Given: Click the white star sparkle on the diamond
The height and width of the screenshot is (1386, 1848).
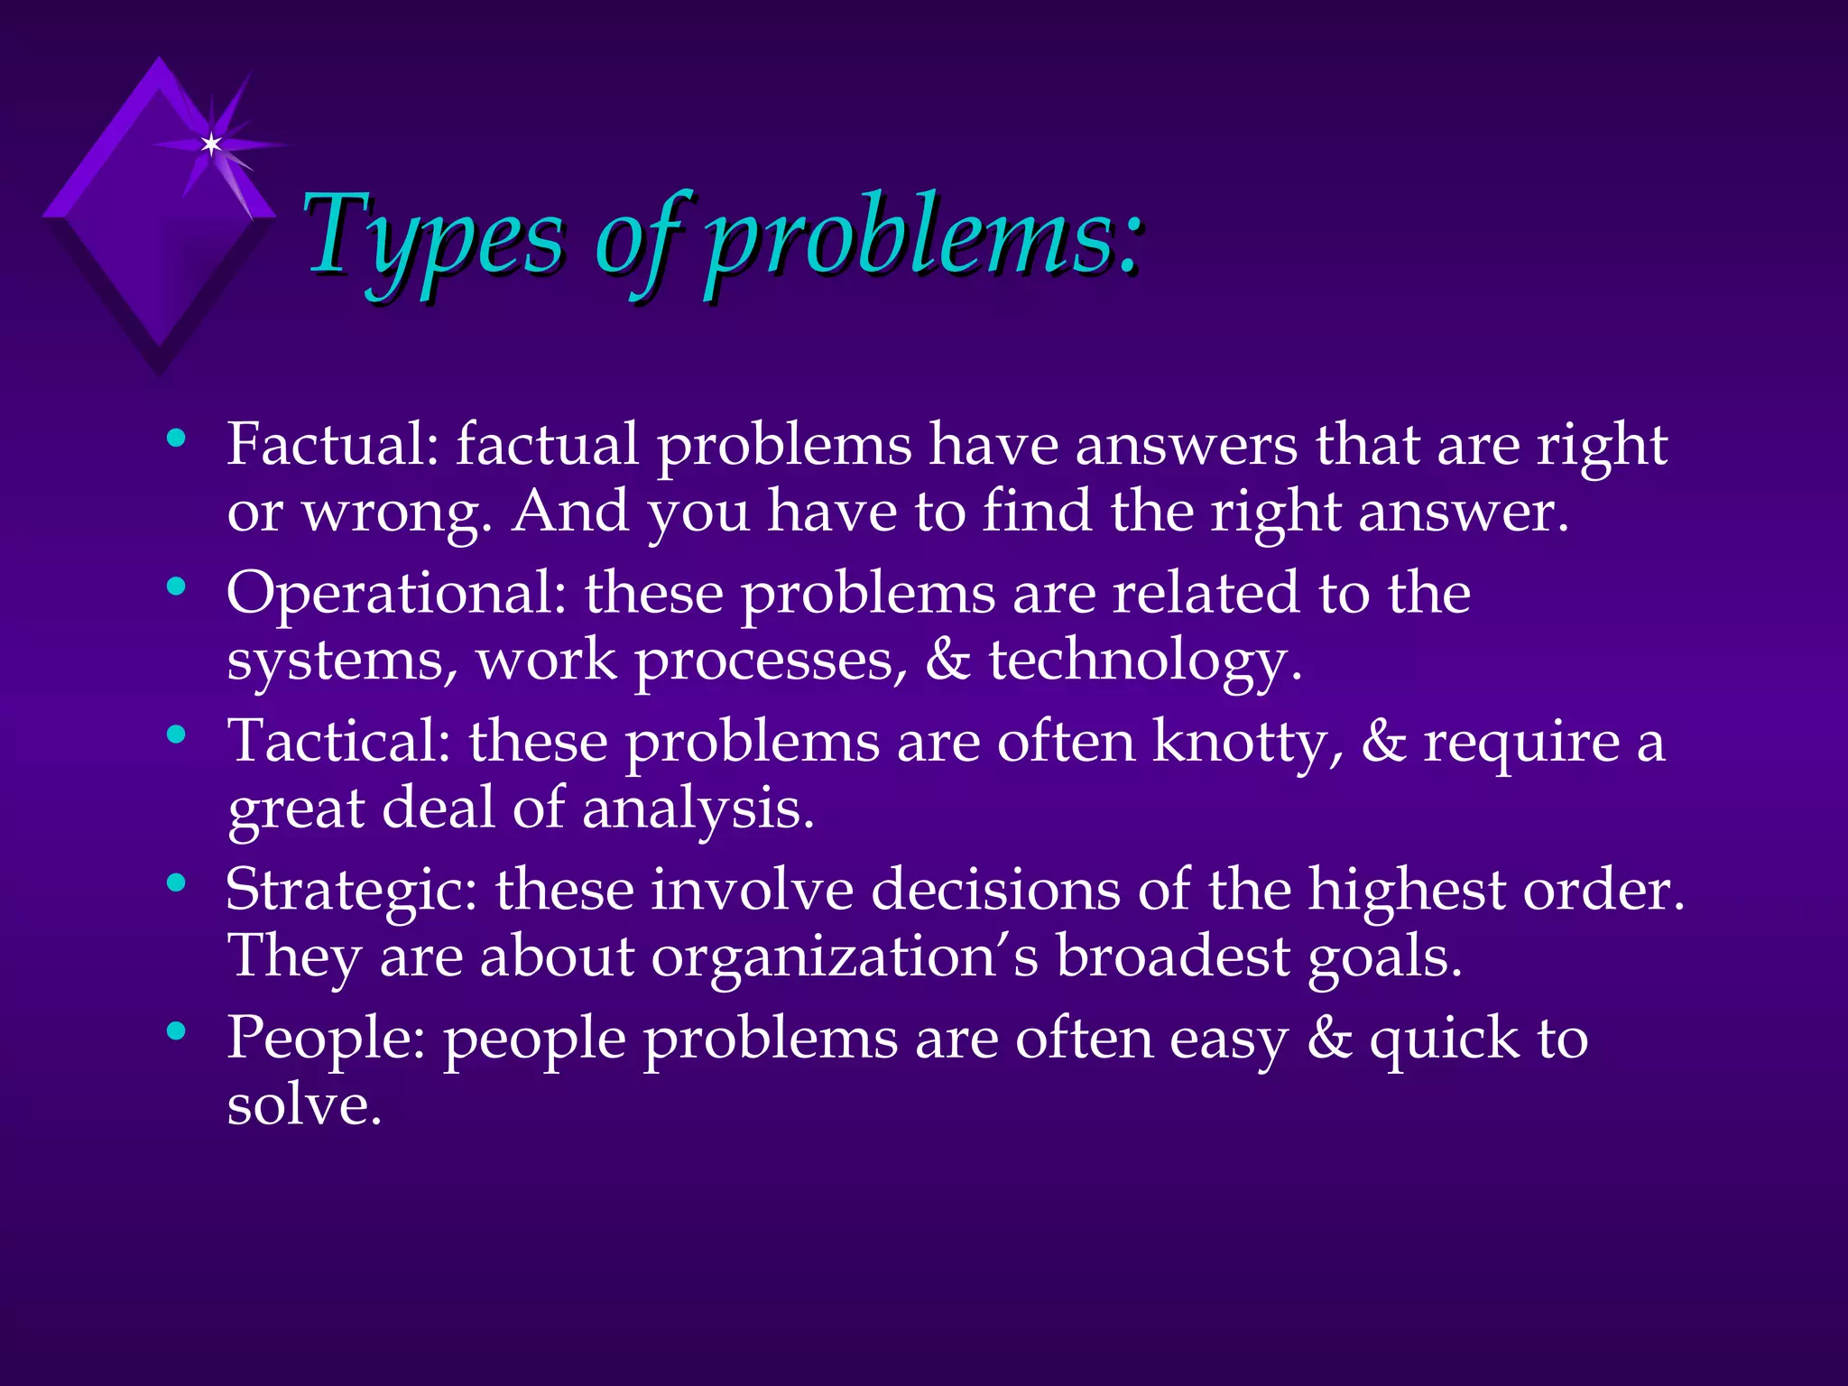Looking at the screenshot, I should [211, 144].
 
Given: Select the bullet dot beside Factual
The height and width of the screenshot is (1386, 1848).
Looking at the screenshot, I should [177, 439].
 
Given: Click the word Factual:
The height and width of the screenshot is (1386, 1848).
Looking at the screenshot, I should [333, 444].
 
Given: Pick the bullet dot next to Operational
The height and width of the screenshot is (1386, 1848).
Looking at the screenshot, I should [177, 587].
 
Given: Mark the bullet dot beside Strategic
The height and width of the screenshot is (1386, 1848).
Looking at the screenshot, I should [177, 883].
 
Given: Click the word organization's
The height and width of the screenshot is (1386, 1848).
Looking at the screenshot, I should [845, 956].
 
